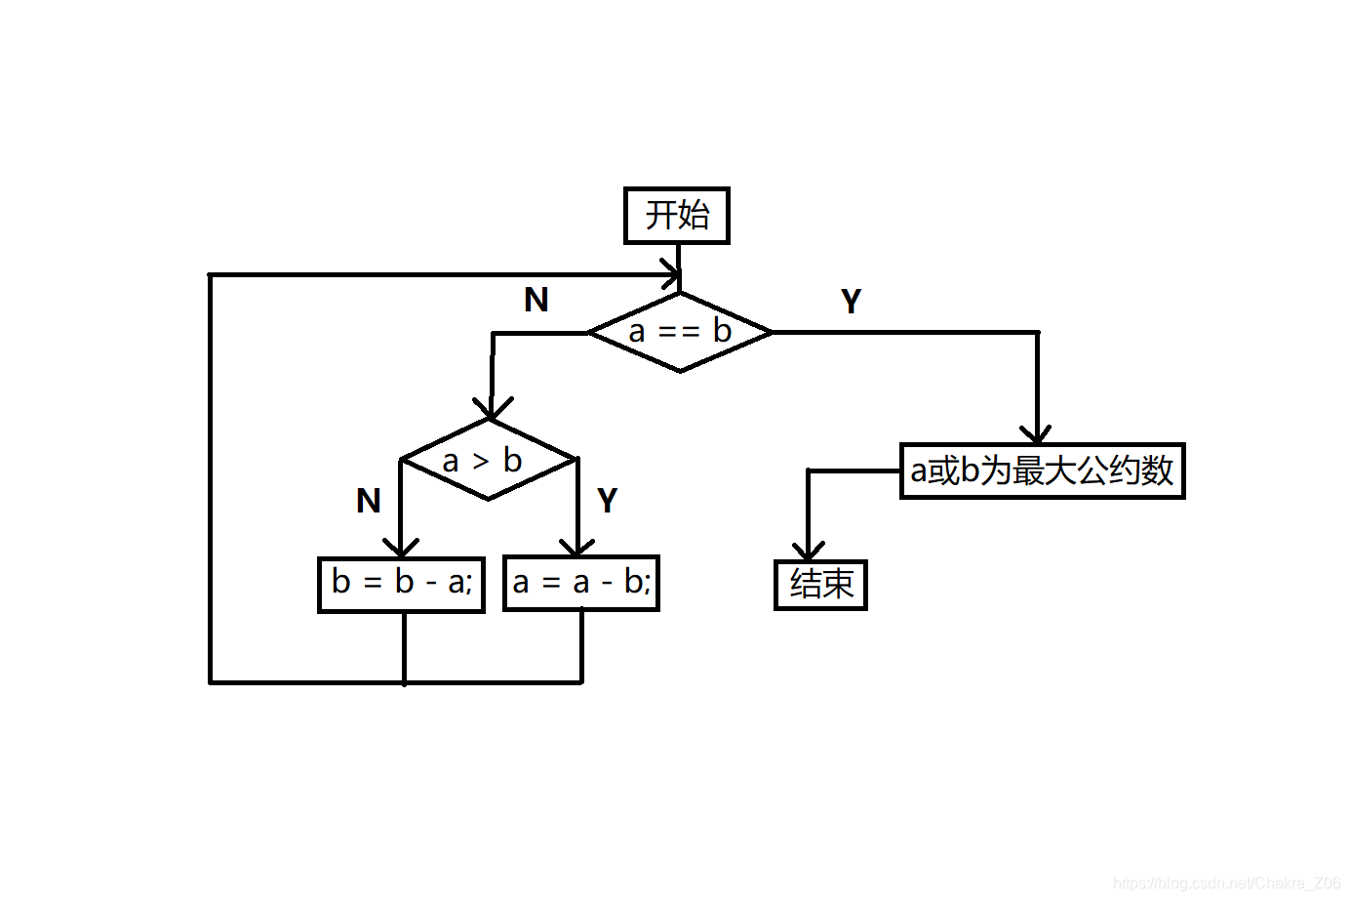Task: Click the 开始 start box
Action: pos(676,215)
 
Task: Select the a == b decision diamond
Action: pos(680,332)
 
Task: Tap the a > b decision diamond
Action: pos(489,460)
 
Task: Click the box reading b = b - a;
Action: pos(401,584)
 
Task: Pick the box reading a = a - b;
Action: pos(581,584)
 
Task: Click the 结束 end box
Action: pos(820,585)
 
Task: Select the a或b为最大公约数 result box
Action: pos(1042,471)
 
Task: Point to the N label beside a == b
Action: pos(536,300)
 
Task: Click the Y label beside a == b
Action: pos(851,302)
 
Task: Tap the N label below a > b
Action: pos(368,501)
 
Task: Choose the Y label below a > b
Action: pos(607,501)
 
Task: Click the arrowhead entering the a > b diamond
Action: pos(492,409)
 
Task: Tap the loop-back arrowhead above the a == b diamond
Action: pos(670,274)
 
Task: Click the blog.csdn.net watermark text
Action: pos(1226,883)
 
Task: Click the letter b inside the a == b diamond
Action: pos(722,331)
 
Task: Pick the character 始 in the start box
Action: pos(693,215)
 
